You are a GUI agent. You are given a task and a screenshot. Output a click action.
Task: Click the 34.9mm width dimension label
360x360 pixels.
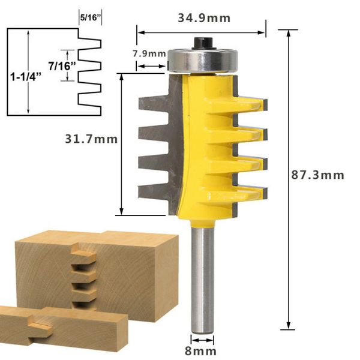(x=203, y=17)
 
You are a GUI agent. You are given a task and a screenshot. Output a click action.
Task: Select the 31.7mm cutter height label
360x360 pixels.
(x=91, y=139)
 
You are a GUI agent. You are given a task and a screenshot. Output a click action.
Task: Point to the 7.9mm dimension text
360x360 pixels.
(x=149, y=53)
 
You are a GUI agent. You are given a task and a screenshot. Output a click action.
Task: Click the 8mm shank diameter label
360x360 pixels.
(x=200, y=351)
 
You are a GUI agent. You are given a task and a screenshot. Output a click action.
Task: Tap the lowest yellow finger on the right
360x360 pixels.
(x=249, y=192)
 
